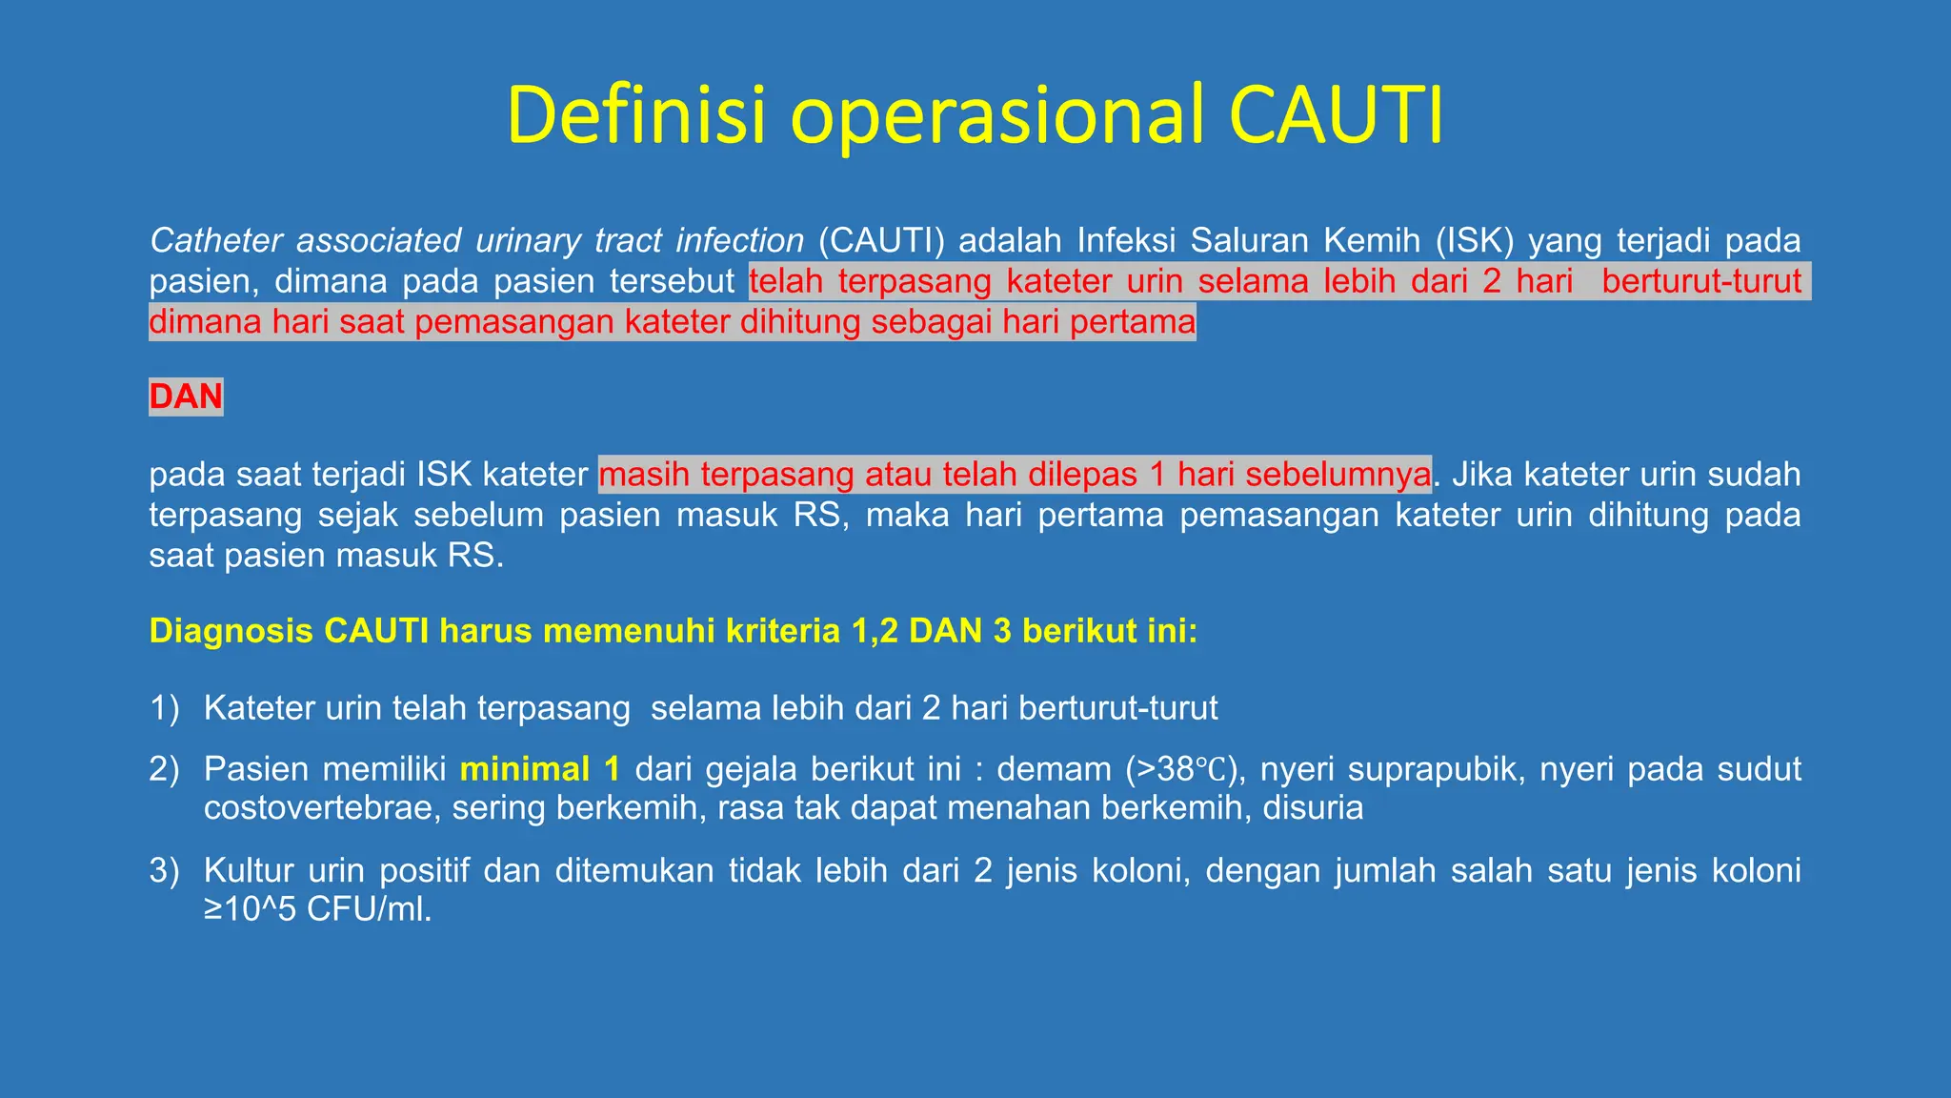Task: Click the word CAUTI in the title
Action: click(1336, 115)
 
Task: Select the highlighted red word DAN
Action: click(186, 396)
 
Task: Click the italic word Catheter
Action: click(215, 240)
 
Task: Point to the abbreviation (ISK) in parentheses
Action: click(1475, 240)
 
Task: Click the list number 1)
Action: click(164, 708)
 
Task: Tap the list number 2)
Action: click(164, 769)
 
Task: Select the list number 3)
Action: click(164, 870)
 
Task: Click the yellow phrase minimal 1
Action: click(539, 769)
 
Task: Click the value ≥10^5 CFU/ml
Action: click(318, 909)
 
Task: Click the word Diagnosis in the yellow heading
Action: click(231, 631)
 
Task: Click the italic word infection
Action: click(739, 240)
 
